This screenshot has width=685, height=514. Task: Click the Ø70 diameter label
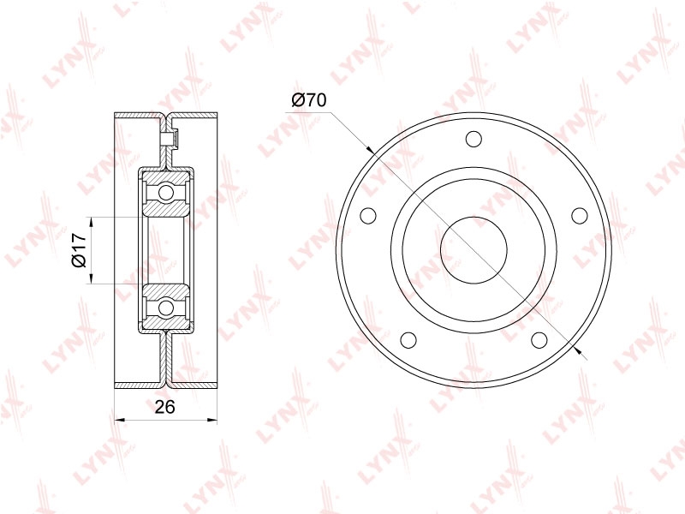[x=309, y=100]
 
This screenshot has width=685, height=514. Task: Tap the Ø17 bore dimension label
[x=78, y=250]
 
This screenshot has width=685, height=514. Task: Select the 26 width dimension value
[x=165, y=406]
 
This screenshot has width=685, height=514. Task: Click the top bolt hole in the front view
[x=474, y=140]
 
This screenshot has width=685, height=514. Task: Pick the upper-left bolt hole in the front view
[x=368, y=215]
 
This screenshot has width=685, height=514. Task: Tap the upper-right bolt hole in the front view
[x=580, y=215]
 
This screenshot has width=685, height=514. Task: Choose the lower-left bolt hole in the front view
[x=409, y=339]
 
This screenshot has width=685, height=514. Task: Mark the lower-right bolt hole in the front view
[x=539, y=339]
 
